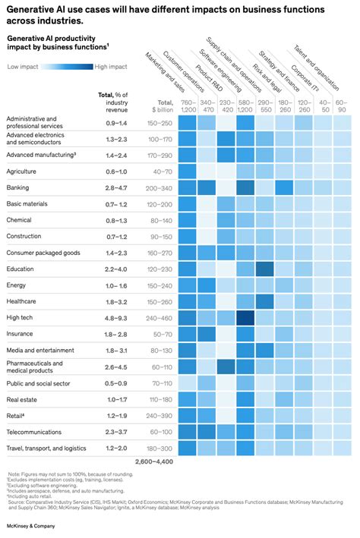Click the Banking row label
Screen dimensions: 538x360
pos(18,187)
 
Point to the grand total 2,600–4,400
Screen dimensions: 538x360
pos(155,461)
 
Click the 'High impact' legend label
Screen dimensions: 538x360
pos(112,67)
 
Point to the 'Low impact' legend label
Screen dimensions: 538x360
pos(23,67)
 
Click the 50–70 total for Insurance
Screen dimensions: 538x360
pos(160,333)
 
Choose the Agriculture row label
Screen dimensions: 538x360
pos(22,171)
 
